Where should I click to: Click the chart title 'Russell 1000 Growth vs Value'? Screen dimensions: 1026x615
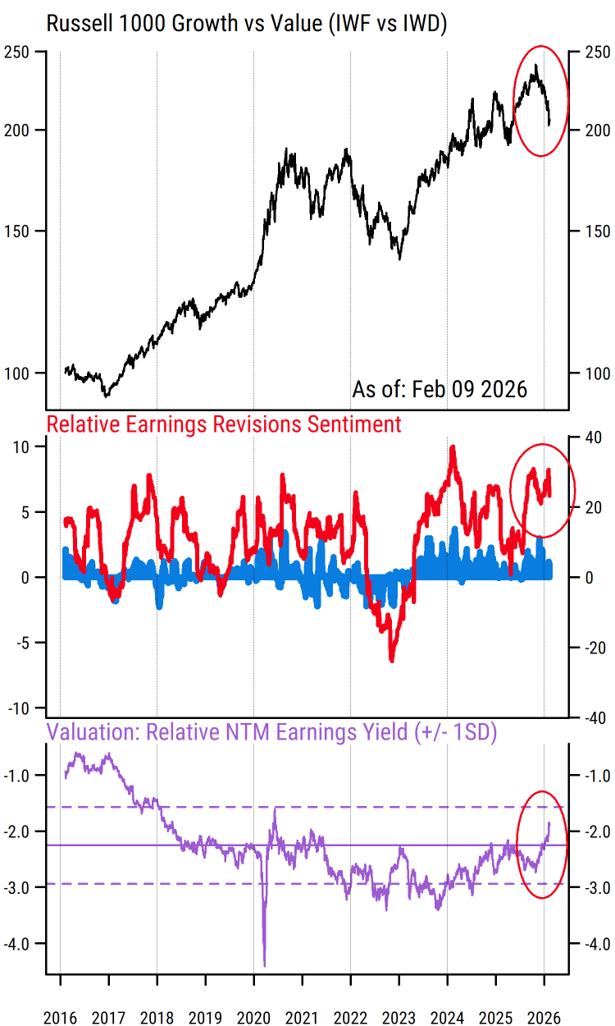pyautogui.click(x=246, y=24)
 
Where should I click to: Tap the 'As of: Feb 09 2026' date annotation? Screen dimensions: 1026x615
pyautogui.click(x=440, y=388)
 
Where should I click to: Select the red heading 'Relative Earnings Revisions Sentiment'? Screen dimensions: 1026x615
pyautogui.click(x=224, y=424)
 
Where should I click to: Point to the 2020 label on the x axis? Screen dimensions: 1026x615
pyautogui.click(x=254, y=1018)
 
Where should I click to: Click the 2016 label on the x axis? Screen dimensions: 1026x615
pyautogui.click(x=61, y=1018)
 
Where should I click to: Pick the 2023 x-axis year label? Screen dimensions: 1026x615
pyautogui.click(x=399, y=1018)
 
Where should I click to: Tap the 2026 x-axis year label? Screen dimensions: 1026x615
pyautogui.click(x=544, y=1018)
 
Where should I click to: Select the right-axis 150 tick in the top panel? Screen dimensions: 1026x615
pyautogui.click(x=594, y=231)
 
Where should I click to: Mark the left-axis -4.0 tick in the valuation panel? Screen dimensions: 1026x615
pyautogui.click(x=28, y=944)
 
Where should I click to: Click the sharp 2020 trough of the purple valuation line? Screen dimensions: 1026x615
pyautogui.click(x=264, y=965)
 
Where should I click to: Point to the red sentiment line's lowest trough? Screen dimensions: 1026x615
pyautogui.click(x=392, y=660)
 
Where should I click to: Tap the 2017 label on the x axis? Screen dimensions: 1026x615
pyautogui.click(x=109, y=1018)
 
